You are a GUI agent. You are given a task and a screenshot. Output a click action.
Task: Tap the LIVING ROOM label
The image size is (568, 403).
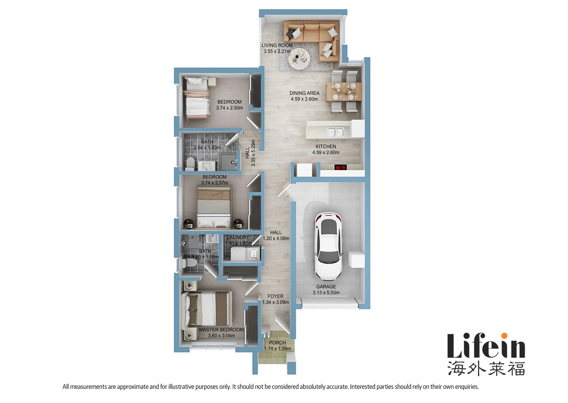tap(277, 46)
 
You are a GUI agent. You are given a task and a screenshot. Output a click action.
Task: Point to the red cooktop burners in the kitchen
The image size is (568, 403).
tap(340, 168)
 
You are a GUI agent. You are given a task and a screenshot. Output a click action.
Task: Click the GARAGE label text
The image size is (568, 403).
tap(326, 287)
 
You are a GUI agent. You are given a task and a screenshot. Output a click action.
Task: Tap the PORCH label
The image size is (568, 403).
tap(277, 343)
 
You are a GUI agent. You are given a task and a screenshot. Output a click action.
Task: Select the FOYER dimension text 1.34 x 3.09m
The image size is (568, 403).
tap(275, 302)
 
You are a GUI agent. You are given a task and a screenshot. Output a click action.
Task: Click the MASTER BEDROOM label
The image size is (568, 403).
tap(221, 330)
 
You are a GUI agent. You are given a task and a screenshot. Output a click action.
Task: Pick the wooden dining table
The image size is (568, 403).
tap(344, 92)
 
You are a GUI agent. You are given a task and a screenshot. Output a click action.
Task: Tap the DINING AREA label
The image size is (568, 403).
tap(304, 93)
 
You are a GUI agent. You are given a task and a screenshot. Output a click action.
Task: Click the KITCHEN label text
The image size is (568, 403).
tap(326, 147)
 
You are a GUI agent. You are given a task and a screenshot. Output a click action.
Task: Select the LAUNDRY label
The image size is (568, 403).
tap(238, 237)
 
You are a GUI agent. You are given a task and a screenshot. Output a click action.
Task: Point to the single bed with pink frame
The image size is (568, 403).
tap(196, 98)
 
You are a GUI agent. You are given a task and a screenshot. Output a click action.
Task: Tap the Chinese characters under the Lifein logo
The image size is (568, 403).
tap(486, 368)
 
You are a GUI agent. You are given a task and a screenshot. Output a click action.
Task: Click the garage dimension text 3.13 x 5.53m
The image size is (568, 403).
tap(326, 293)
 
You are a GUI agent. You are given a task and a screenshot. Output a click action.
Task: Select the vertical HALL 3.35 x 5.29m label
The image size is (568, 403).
tap(250, 153)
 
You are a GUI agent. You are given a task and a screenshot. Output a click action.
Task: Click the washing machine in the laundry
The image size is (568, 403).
tap(253, 253)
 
